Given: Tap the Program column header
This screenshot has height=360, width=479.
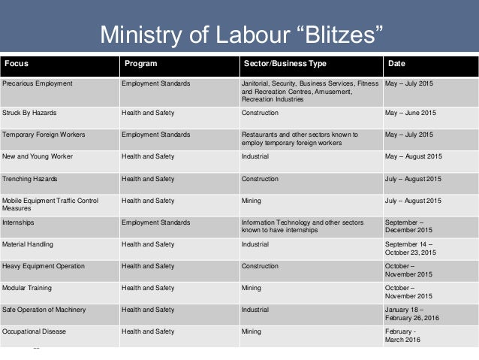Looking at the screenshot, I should pyautogui.click(x=141, y=63).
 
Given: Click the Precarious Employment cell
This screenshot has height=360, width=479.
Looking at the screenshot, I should pyautogui.click(x=38, y=83).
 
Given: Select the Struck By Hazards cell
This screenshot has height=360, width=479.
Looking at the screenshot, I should pyautogui.click(x=29, y=113).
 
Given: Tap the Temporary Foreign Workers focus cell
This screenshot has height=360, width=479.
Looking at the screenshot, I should pyautogui.click(x=44, y=135).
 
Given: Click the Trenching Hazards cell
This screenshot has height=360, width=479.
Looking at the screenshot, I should pyautogui.click(x=30, y=179).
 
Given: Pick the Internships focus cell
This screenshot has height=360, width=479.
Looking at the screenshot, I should pyautogui.click(x=19, y=222).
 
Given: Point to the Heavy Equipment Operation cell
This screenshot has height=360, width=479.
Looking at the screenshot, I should pyautogui.click(x=44, y=266).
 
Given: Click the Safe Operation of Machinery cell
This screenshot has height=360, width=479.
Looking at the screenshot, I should pyautogui.click(x=44, y=310).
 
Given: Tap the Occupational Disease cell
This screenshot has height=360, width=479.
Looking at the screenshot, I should pyautogui.click(x=35, y=331).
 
